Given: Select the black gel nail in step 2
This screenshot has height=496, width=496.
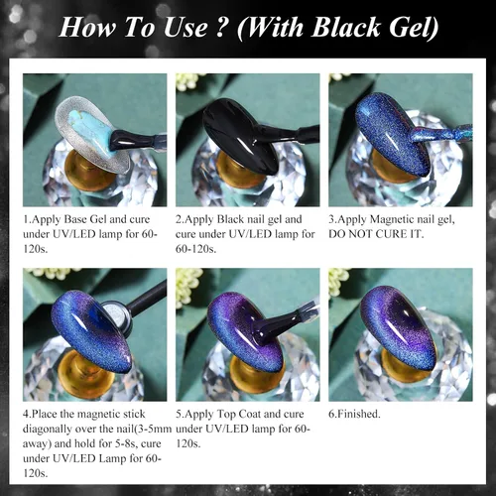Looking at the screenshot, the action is pos(239,135).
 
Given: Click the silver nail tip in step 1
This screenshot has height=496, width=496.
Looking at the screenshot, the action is pos(92,136).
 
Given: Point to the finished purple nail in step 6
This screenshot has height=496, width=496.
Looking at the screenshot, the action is pos(399,328).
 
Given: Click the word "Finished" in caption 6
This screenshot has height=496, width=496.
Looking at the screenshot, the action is pos(358,414).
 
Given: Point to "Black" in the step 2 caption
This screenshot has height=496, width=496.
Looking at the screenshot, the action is pos(232,219).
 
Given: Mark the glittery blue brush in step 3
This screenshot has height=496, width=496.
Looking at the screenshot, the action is pos(439,133).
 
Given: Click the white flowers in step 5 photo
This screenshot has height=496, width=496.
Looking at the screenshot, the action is pos(188,287).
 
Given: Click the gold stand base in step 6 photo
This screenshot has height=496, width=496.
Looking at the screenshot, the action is pos(402,366).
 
